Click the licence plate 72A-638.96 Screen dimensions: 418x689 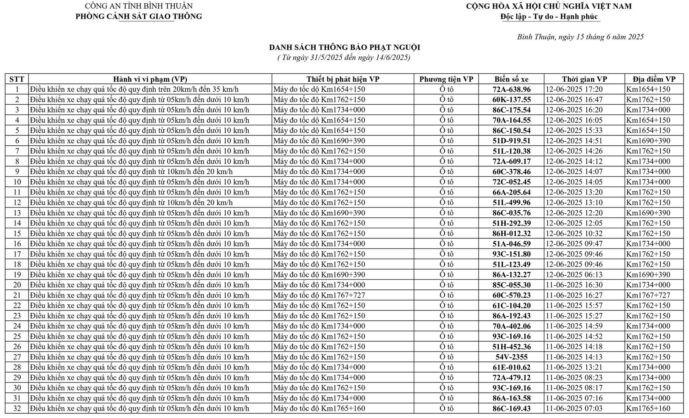(512, 90)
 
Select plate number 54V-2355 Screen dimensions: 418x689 (512, 357)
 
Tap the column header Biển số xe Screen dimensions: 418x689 (512, 79)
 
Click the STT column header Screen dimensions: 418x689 (17, 79)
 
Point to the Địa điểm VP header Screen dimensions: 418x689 (654, 79)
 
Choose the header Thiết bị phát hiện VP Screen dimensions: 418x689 (343, 79)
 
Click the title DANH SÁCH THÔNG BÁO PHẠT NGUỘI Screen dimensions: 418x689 (344, 48)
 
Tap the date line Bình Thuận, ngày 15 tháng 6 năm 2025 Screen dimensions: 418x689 (580, 37)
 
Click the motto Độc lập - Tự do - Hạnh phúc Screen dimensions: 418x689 (549, 17)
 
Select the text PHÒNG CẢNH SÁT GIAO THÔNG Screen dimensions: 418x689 (139, 17)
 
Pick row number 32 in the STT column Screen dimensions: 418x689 (17, 409)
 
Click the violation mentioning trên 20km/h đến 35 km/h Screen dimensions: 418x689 (134, 90)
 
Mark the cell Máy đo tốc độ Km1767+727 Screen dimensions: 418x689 (319, 295)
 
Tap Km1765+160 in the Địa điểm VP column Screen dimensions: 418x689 (648, 409)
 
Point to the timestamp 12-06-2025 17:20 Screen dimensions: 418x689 (574, 90)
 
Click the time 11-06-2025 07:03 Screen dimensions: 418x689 (574, 409)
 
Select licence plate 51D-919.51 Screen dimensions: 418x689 (512, 141)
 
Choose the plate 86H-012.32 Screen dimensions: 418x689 (512, 234)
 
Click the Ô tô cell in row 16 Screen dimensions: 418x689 (446, 244)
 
